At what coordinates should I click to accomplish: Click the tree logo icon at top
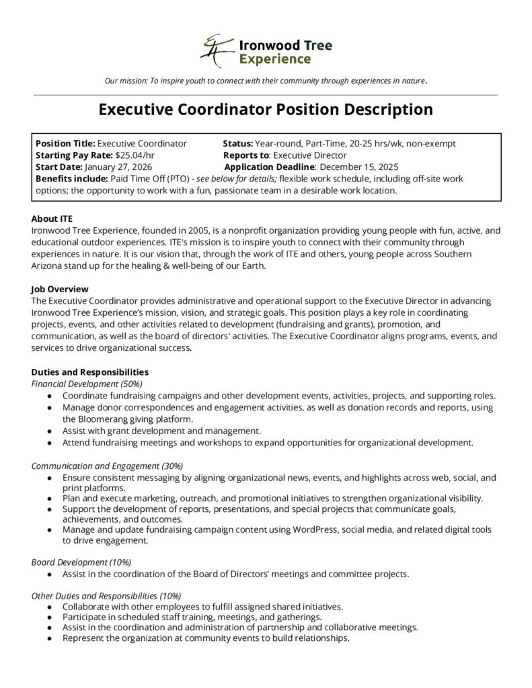pos(215,50)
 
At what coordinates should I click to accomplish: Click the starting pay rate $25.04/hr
pos(135,155)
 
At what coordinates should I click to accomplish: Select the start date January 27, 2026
pos(118,167)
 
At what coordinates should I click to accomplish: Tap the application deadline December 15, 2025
pos(359,167)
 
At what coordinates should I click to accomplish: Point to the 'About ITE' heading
pos(52,218)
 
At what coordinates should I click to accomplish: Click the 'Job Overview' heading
pos(60,288)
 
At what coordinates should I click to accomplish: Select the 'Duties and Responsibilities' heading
pos(90,372)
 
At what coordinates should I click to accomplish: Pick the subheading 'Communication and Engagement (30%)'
pos(107,465)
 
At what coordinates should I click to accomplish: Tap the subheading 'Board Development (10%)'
pos(81,562)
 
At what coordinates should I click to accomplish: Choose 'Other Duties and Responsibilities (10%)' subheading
pos(106,595)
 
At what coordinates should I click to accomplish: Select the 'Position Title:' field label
pos(65,143)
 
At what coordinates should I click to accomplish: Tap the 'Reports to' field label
pos(247,155)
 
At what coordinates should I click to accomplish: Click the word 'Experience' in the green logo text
pos(275,59)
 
